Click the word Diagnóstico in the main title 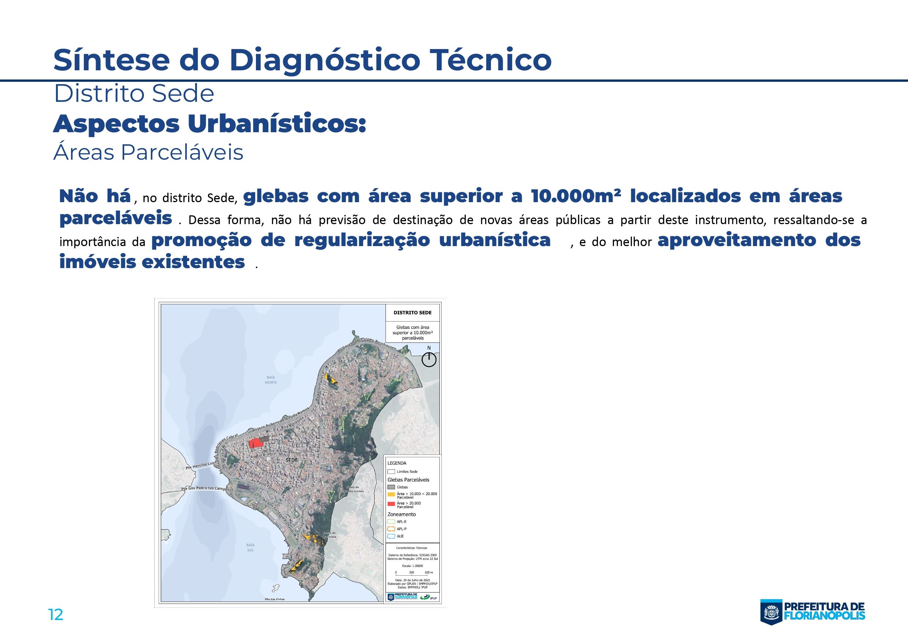click(324, 60)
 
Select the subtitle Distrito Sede click(134, 94)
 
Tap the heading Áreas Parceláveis click(148, 153)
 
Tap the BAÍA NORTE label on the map click(271, 380)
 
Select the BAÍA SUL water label click(250, 548)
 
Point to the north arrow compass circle click(429, 360)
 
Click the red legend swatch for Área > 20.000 click(391, 504)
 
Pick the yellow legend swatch click(391, 494)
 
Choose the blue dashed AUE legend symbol click(391, 537)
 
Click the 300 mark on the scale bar click(412, 572)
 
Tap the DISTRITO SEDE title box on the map click(413, 312)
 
